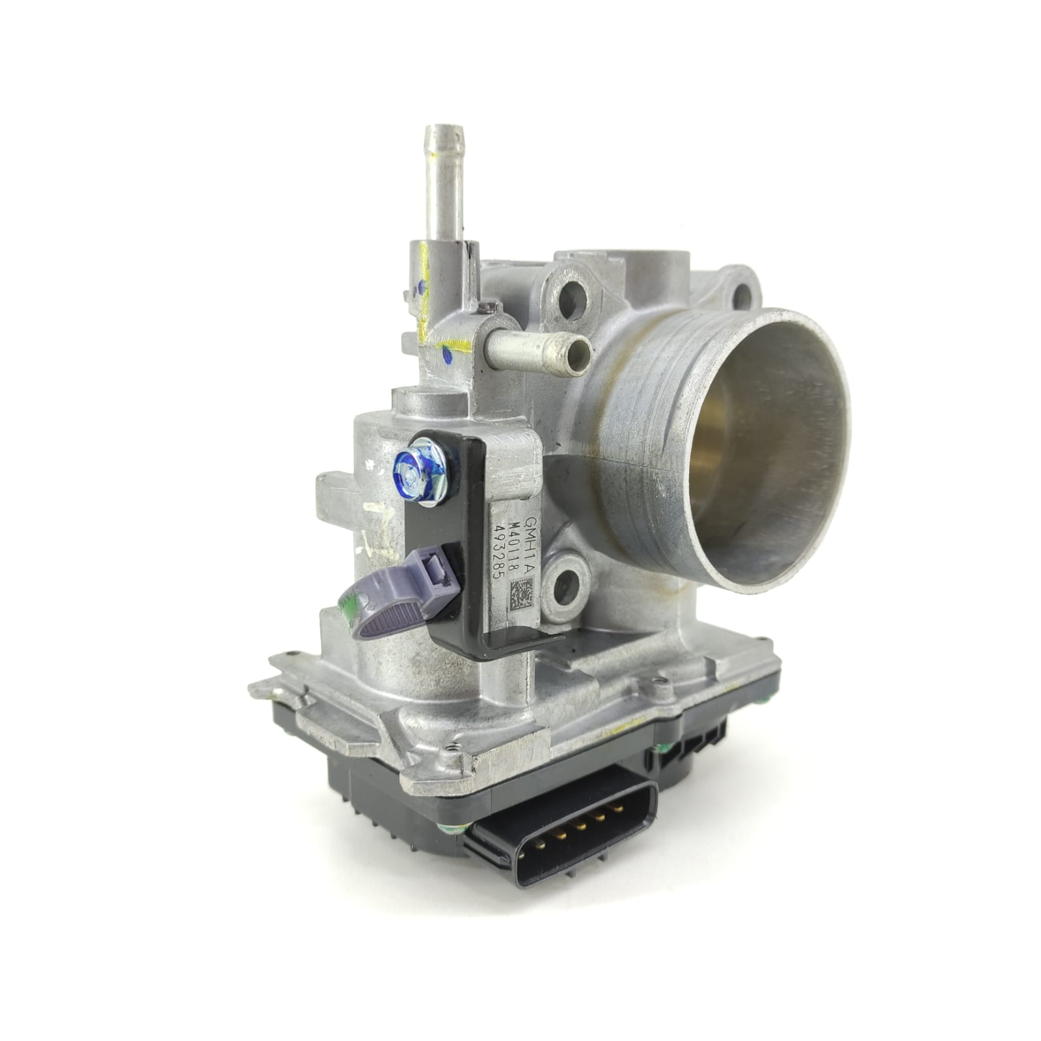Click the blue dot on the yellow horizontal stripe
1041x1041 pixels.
click(447, 355)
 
